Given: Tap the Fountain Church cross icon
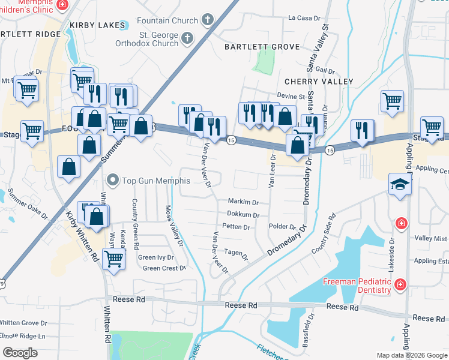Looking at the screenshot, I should pos(207,20).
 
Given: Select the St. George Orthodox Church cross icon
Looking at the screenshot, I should pos(187,39).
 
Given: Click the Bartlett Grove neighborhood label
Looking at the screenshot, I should pos(262,47).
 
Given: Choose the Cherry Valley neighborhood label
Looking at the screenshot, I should pos(319,81).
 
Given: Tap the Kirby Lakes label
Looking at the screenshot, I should pos(96,25).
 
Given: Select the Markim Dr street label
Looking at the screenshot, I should pos(243,202).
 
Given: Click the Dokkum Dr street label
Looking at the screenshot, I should pos(243,215).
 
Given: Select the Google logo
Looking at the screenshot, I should pos(20,352).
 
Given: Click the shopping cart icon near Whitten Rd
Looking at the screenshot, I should pos(113,259).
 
